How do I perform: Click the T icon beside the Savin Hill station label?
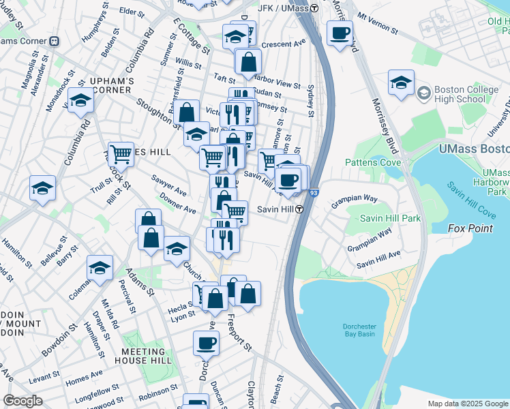pyautogui.click(x=299, y=210)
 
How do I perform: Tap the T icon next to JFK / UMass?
pyautogui.click(x=314, y=8)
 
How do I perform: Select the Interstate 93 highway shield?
pyautogui.click(x=312, y=194)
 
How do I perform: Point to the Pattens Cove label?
pyautogui.click(x=373, y=162)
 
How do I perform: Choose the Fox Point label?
pyautogui.click(x=470, y=228)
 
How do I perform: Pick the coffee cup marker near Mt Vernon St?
pyautogui.click(x=340, y=33)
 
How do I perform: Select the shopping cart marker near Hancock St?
pyautogui.click(x=121, y=155)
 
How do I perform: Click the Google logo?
pyautogui.click(x=22, y=401)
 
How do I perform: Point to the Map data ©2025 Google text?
pyautogui.click(x=467, y=404)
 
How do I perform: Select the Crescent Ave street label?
pyautogui.click(x=283, y=43)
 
